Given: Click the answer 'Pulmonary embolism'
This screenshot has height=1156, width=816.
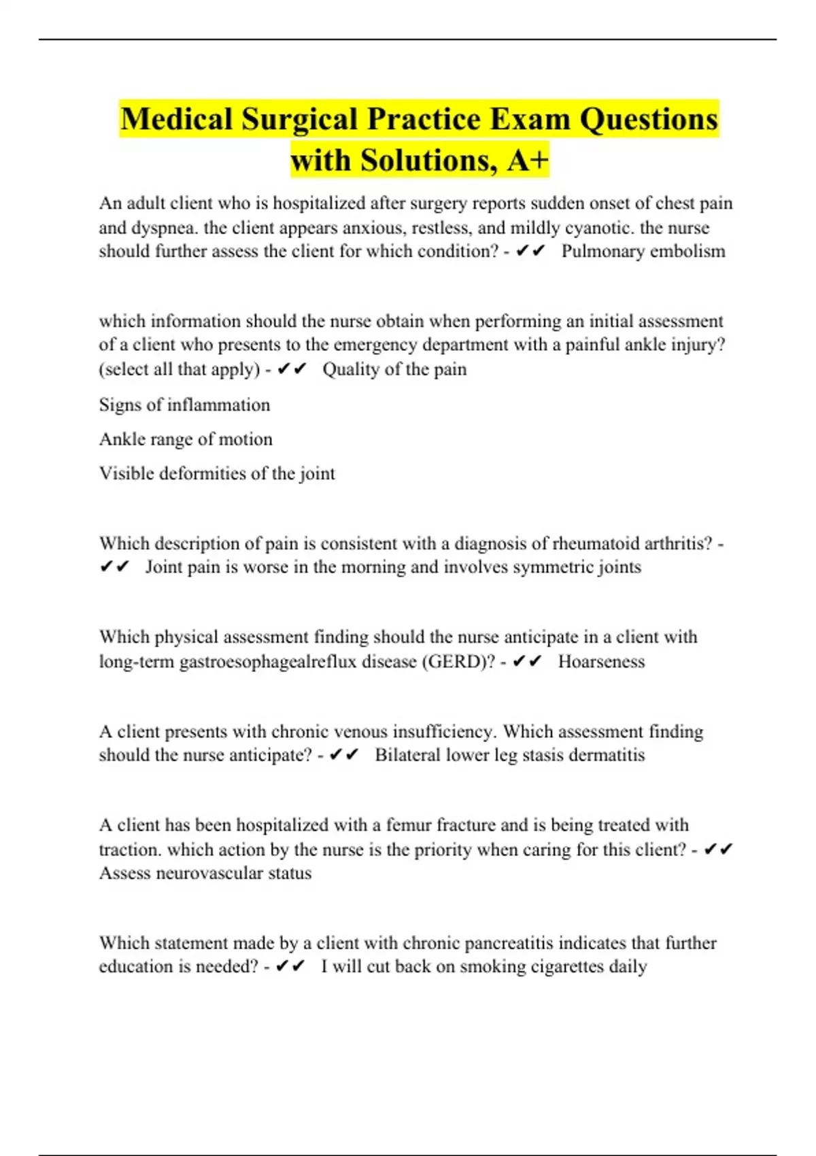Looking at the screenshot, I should click(x=643, y=252).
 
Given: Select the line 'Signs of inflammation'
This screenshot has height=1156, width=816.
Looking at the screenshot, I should click(x=184, y=405).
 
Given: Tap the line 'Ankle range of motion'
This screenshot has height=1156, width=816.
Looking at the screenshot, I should click(x=186, y=439).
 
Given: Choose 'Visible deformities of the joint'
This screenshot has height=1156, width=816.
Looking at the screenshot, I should click(x=217, y=473).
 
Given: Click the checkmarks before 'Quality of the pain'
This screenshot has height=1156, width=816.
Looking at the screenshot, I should click(x=292, y=369).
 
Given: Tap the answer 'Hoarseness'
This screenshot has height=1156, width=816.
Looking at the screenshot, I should click(x=601, y=662).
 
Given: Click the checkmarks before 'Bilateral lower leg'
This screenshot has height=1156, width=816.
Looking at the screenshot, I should click(x=343, y=755).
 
